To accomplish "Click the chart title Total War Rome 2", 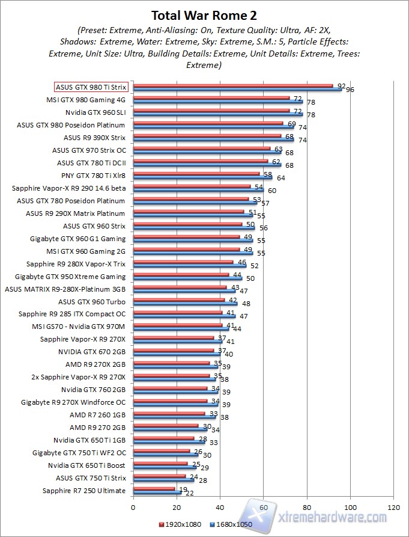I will (x=204, y=16).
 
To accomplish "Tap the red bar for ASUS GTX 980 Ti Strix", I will (x=232, y=85).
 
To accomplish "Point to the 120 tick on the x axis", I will (x=394, y=507).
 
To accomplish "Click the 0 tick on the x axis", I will (x=133, y=507).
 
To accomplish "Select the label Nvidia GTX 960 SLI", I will (x=95, y=112).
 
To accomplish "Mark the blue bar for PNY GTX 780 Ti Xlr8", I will (x=202, y=177).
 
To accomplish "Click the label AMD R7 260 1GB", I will (x=97, y=415).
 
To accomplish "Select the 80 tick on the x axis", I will (x=308, y=507).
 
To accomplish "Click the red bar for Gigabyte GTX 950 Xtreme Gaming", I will (x=181, y=275).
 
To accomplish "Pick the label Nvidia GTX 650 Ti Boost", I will (x=87, y=465).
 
